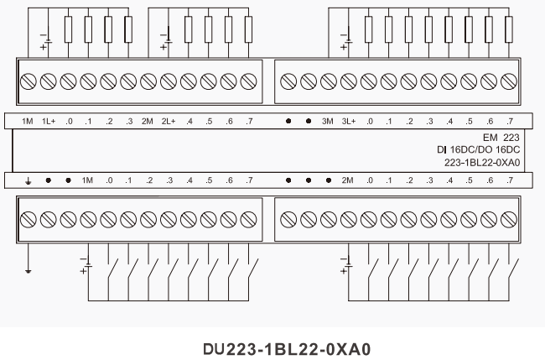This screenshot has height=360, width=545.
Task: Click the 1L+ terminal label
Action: coord(47,122)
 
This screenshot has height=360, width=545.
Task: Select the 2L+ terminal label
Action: coord(168,122)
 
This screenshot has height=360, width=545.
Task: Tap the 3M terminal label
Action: coord(328,122)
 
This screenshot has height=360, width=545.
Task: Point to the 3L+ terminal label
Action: coord(349,122)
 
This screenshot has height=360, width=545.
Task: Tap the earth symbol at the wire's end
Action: coord(28,270)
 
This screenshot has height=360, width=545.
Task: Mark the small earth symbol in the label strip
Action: coord(28,180)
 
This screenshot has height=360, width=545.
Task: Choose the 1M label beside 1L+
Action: coord(27,122)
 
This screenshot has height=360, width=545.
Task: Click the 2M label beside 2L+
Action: coord(148,122)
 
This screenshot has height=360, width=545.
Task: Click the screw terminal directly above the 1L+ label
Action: coord(48,81)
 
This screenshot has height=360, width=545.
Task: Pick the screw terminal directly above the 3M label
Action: coord(329,81)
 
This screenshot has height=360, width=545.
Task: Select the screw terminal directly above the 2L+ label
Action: coord(168,81)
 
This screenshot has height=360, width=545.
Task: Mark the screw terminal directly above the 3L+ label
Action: coord(349,81)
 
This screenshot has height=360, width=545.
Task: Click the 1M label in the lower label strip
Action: coord(87,180)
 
